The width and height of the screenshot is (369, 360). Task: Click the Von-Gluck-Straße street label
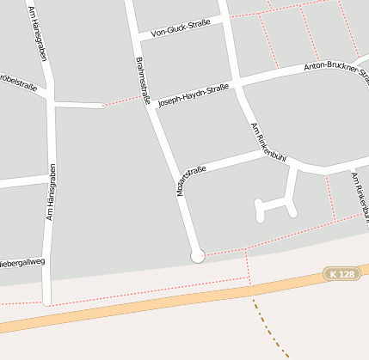181,28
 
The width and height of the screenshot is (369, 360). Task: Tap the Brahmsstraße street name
142,81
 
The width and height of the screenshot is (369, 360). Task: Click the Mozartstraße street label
192,181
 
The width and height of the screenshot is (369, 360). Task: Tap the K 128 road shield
341,274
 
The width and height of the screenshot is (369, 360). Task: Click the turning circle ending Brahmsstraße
198,255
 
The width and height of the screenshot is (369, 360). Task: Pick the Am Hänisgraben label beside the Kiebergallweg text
51,192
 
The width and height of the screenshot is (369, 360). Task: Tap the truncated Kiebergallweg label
23,261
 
